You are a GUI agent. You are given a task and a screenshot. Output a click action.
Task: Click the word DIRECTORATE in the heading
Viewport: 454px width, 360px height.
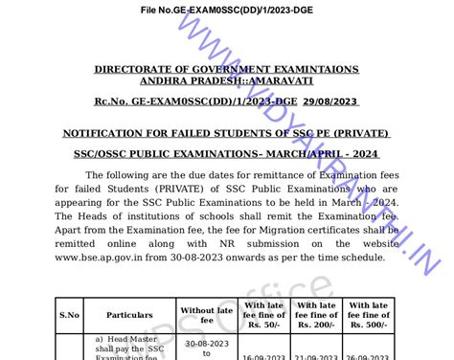(x=133, y=70)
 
